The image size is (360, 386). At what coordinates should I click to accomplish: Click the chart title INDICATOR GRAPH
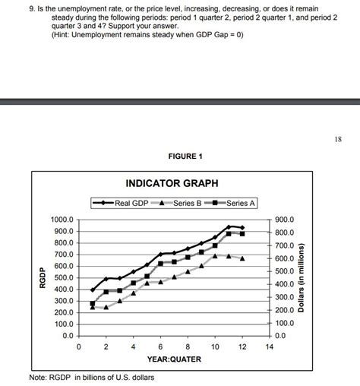[171, 184]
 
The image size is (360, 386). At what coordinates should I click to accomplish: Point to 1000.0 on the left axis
[62, 220]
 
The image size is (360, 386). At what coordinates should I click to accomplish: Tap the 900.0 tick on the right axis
[286, 220]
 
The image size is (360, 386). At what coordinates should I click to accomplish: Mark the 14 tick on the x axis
[269, 346]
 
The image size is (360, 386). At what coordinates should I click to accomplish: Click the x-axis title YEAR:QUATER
[174, 359]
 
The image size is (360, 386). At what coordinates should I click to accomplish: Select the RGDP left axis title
[44, 277]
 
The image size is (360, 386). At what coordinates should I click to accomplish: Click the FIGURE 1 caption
[180, 156]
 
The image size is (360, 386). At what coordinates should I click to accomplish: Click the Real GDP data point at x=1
[93, 289]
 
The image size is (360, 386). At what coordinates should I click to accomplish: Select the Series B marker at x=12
[242, 258]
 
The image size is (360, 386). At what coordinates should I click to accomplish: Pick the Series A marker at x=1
[93, 303]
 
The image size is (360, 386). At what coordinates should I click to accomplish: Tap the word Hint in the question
[63, 35]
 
